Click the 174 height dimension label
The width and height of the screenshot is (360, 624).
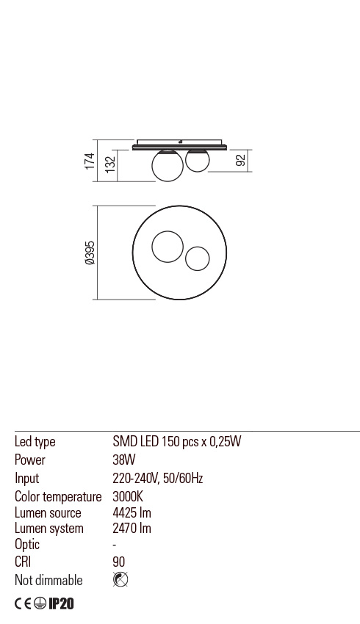(x=90, y=161)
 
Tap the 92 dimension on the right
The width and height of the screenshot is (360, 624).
(x=241, y=161)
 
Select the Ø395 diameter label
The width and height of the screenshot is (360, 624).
(x=90, y=253)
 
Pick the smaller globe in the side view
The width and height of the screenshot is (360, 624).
(x=197, y=160)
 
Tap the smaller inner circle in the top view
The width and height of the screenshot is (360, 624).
(x=197, y=258)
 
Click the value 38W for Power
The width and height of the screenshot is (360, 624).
(x=123, y=460)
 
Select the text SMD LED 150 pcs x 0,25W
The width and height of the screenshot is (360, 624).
(x=176, y=442)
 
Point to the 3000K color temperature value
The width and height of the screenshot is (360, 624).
(x=128, y=497)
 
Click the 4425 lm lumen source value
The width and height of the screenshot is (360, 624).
(x=132, y=513)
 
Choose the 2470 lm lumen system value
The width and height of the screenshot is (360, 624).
(x=132, y=529)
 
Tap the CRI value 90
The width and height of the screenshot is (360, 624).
(x=119, y=562)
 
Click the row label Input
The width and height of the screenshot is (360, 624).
(x=26, y=479)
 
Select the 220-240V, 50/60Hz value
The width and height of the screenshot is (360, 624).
(x=157, y=479)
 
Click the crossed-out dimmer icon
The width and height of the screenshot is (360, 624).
(x=120, y=580)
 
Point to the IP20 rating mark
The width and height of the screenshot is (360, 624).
(x=61, y=604)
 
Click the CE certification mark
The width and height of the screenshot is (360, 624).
(x=23, y=604)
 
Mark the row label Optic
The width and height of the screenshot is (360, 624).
(x=27, y=545)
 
